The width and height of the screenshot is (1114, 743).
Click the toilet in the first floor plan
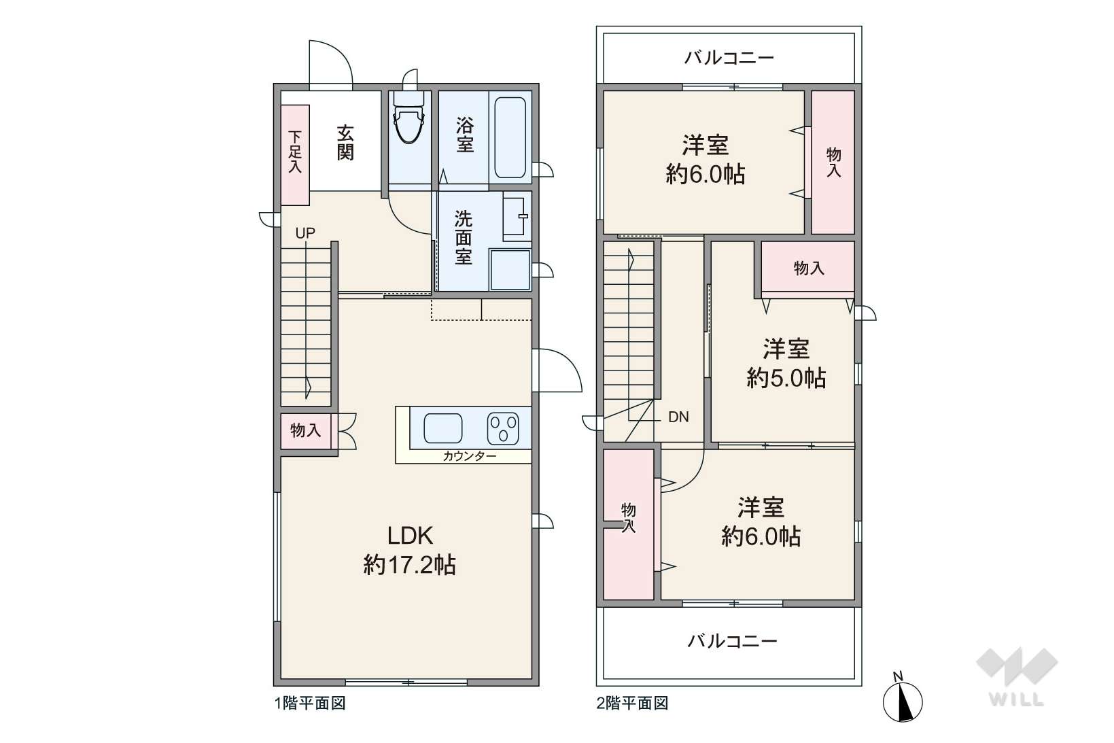pyautogui.click(x=409, y=118)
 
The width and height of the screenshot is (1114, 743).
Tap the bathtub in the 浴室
pyautogui.click(x=510, y=137)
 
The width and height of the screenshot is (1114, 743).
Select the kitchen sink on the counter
pyautogui.click(x=442, y=428)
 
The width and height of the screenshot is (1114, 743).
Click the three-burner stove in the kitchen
pyautogui.click(x=503, y=429)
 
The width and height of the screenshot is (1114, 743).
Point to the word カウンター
pyautogui.click(x=469, y=456)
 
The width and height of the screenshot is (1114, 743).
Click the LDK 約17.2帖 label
pyautogui.click(x=410, y=550)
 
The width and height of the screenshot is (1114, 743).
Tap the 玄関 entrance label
pyautogui.click(x=345, y=143)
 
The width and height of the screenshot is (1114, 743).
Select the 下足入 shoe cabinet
pyautogui.click(x=296, y=155)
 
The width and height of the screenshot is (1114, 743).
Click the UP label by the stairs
pyautogui.click(x=305, y=232)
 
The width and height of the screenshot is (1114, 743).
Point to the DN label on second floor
pyautogui.click(x=678, y=417)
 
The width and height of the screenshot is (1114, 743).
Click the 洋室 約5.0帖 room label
pyautogui.click(x=786, y=363)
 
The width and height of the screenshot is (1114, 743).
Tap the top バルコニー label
pyautogui.click(x=729, y=58)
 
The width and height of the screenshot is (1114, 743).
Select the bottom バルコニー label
pyautogui.click(x=732, y=641)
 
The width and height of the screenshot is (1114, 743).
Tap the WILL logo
pyautogui.click(x=1017, y=676)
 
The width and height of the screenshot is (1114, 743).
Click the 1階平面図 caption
pyautogui.click(x=311, y=703)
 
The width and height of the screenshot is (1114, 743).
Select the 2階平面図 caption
pyautogui.click(x=633, y=703)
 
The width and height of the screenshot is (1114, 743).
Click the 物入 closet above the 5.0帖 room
pyautogui.click(x=808, y=269)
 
